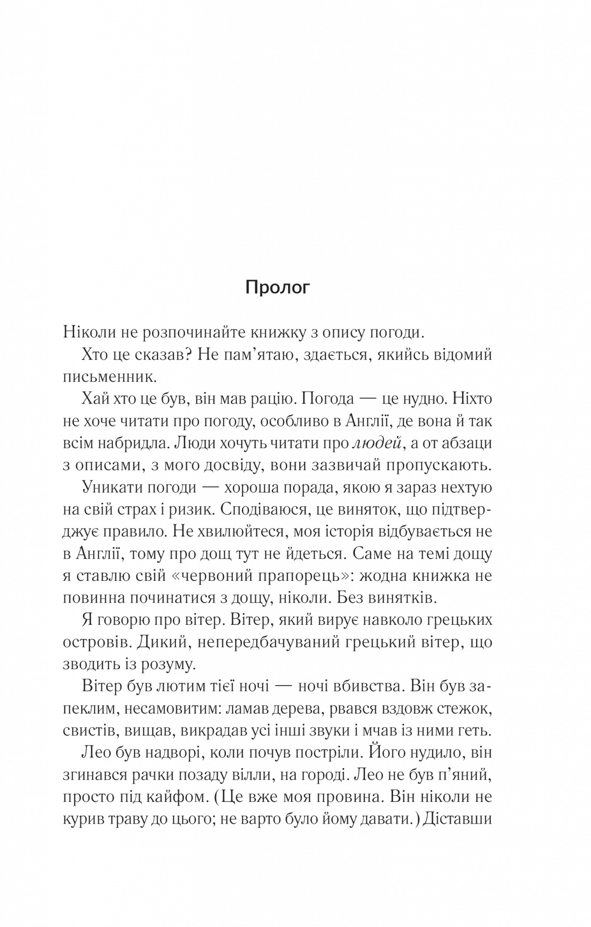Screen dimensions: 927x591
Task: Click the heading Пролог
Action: click(277, 288)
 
